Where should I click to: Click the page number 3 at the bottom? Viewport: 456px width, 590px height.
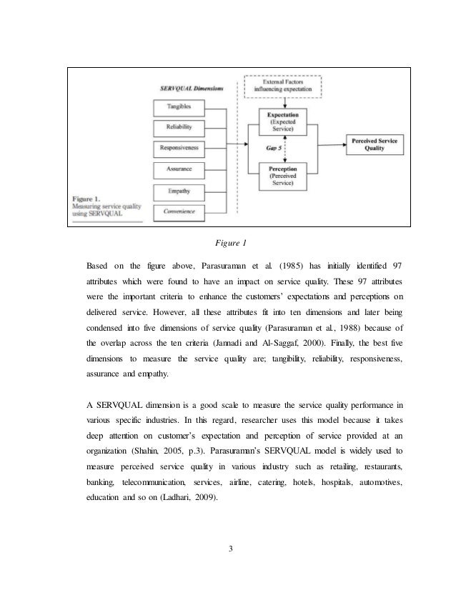[228, 549]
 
